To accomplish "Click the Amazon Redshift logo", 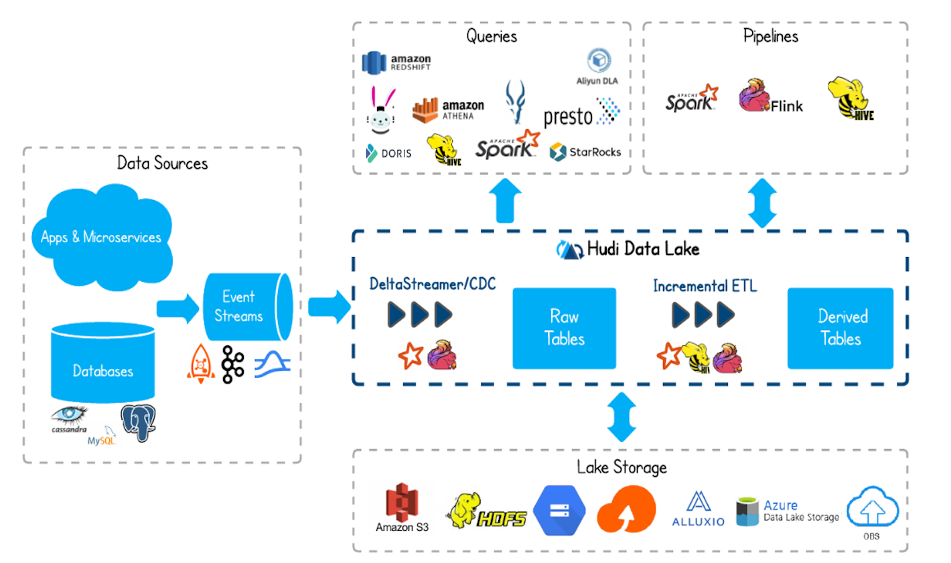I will pyautogui.click(x=396, y=63).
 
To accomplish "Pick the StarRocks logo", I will pyautogui.click(x=585, y=152).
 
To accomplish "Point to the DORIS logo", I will pyautogui.click(x=389, y=153).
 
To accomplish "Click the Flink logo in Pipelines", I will pyautogui.click(x=770, y=99).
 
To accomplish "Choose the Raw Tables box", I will pyautogui.click(x=564, y=328).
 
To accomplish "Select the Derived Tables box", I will pyautogui.click(x=840, y=328).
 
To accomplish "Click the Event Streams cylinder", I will pyautogui.click(x=246, y=307).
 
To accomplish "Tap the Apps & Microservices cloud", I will pyautogui.click(x=101, y=237).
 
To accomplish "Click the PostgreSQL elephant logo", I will pyautogui.click(x=138, y=422).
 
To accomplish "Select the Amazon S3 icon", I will pyautogui.click(x=402, y=503).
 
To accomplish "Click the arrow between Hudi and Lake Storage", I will pyautogui.click(x=622, y=416).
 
